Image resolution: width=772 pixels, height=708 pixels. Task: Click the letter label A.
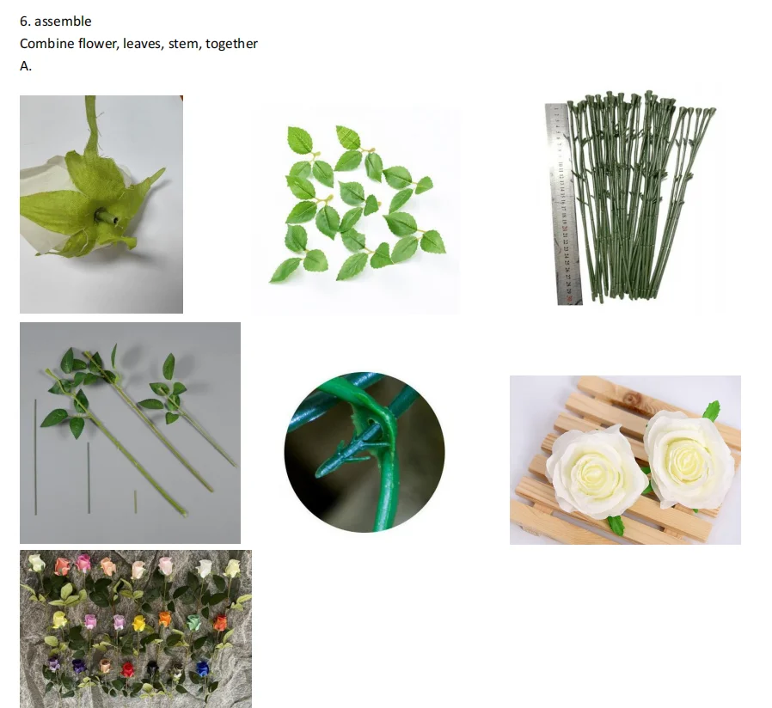25,66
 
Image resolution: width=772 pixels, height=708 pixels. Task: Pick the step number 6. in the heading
25,21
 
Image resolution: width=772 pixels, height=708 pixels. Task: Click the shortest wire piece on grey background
135,502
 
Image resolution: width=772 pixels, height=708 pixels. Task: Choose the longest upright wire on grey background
35,456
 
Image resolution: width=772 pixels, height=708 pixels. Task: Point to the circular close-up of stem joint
365,452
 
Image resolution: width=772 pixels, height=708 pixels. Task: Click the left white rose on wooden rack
595,471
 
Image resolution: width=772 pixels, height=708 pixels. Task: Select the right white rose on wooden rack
688,459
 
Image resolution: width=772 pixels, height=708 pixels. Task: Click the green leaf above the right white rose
711,411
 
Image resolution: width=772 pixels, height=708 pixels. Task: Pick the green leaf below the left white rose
616,524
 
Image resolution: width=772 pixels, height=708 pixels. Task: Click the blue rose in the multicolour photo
203,668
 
